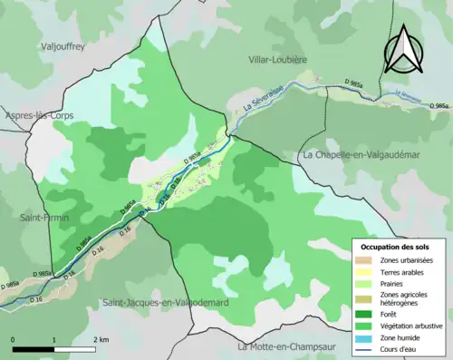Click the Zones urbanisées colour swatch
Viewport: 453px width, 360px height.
(x=366, y=260)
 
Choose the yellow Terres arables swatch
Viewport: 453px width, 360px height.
(x=366, y=272)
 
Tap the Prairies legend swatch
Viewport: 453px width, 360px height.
(x=366, y=284)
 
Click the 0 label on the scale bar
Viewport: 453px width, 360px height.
(x=13, y=339)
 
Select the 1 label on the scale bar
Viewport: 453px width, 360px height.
(x=54, y=339)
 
